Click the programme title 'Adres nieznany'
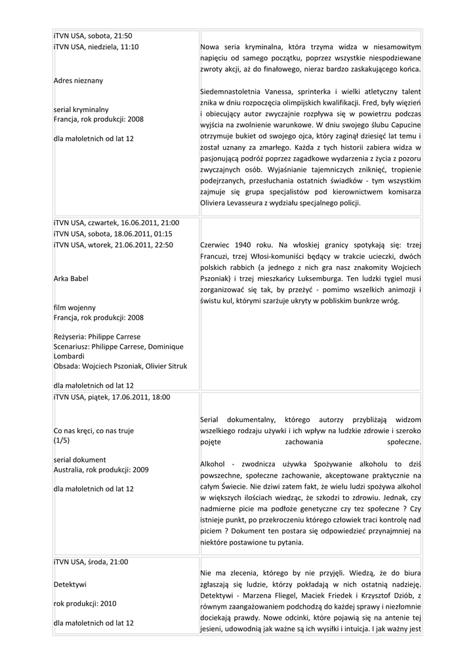point(78,81)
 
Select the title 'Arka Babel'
point(72,278)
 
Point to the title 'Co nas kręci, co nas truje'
point(94,431)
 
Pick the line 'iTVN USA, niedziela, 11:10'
point(96,47)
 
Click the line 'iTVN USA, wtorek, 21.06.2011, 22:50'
point(113,244)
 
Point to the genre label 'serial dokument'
point(79,459)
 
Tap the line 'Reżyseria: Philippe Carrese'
point(97,337)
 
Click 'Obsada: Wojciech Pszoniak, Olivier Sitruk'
point(120,366)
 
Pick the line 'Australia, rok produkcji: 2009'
point(101,470)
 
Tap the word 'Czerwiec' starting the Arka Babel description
point(220,244)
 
